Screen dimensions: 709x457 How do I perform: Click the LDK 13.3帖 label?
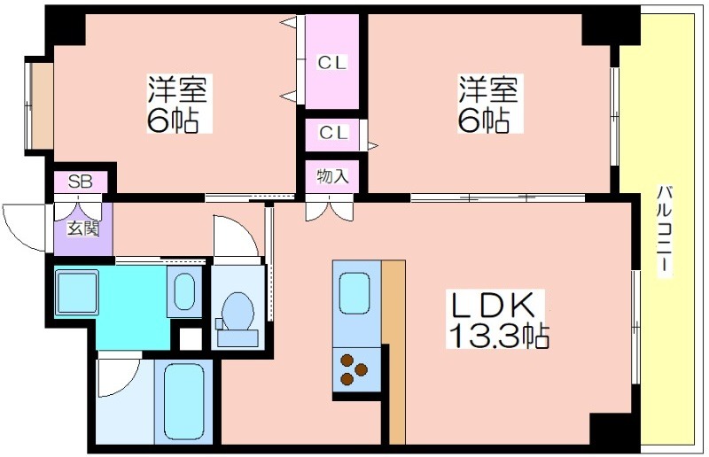[496, 319]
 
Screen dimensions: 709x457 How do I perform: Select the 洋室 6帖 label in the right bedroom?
[490, 104]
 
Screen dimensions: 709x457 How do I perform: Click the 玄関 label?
[82, 228]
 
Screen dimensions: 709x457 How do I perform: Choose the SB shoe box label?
[81, 182]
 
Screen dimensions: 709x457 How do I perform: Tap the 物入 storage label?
[332, 176]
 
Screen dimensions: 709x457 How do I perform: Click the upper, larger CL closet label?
[332, 62]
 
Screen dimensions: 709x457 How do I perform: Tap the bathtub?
[183, 400]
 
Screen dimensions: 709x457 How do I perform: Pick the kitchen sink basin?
[354, 293]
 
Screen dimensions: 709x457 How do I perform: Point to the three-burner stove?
[355, 369]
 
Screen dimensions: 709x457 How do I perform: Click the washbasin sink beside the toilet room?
[184, 292]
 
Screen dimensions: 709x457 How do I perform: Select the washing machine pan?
[76, 292]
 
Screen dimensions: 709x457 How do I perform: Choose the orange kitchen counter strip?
[393, 352]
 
